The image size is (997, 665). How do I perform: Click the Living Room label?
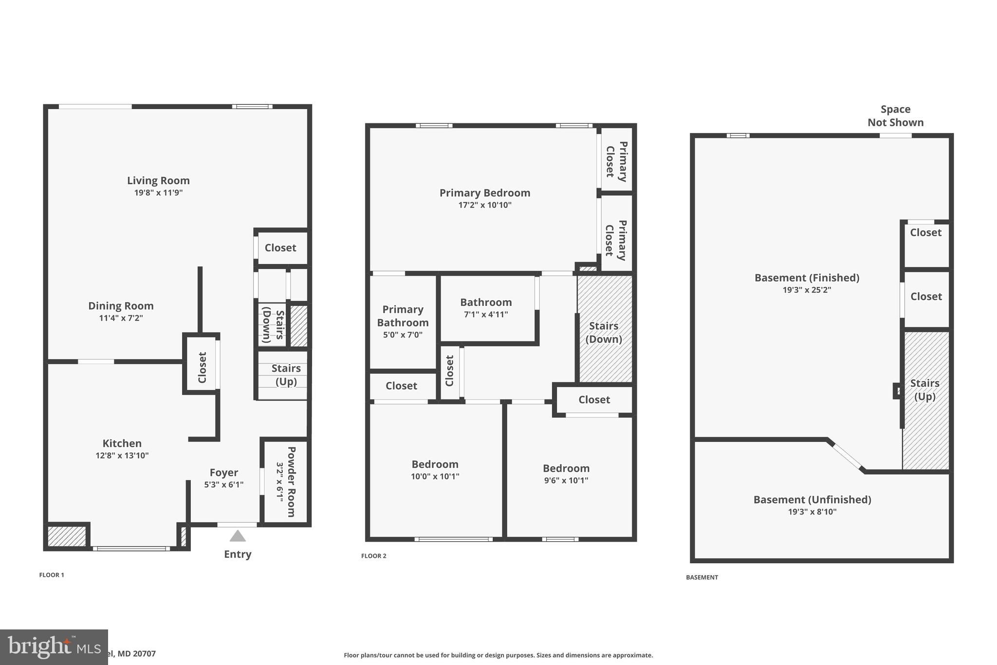(x=158, y=181)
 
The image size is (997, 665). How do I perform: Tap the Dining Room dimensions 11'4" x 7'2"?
(x=121, y=318)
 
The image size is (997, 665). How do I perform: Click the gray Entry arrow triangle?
(x=238, y=536)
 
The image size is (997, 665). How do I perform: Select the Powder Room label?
(x=291, y=482)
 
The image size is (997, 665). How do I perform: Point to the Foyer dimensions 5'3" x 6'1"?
(x=223, y=485)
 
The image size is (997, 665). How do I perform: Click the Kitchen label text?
(x=122, y=443)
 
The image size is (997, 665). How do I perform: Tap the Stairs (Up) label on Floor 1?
(x=286, y=375)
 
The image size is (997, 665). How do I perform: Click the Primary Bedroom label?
(x=484, y=193)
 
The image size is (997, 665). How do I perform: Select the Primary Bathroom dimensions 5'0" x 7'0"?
(x=403, y=335)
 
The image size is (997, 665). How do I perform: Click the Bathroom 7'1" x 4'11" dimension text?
(x=485, y=315)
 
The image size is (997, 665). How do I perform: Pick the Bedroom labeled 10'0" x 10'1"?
(x=435, y=464)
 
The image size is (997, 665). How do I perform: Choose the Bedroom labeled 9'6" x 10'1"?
(x=566, y=468)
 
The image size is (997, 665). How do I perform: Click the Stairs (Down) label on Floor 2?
(x=603, y=332)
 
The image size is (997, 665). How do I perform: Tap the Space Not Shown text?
(x=895, y=116)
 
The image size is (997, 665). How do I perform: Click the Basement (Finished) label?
(x=806, y=278)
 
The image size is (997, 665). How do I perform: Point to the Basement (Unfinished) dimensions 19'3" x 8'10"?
(x=812, y=512)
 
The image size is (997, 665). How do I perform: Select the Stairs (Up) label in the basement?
(x=924, y=389)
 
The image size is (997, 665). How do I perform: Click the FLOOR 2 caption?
(x=373, y=556)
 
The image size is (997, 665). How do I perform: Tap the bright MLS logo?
(x=54, y=647)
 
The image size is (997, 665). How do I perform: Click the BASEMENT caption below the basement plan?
(x=702, y=577)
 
